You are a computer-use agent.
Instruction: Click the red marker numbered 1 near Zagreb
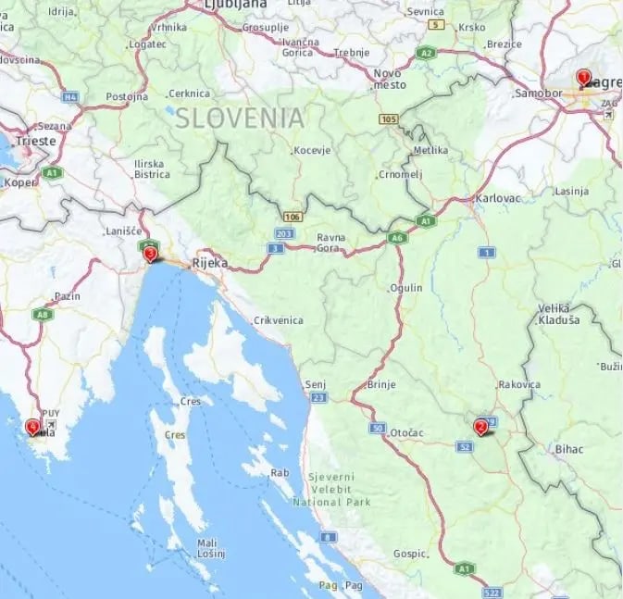pos(582,78)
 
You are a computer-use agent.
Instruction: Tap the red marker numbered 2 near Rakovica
pos(480,427)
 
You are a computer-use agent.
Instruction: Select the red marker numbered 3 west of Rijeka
pos(150,253)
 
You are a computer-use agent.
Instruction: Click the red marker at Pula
pos(33,427)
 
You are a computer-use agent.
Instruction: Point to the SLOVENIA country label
pos(240,118)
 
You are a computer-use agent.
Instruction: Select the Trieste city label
pos(35,142)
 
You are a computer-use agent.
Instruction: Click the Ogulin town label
pos(407,288)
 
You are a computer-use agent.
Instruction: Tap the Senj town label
pos(317,383)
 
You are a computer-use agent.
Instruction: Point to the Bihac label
pos(568,449)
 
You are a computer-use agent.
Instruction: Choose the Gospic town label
pos(410,553)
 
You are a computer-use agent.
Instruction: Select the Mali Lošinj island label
pos(211,548)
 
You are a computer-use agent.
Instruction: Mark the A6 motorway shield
pos(397,238)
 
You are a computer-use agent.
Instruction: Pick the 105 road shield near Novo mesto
pos(389,119)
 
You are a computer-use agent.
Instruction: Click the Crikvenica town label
pos(278,320)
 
